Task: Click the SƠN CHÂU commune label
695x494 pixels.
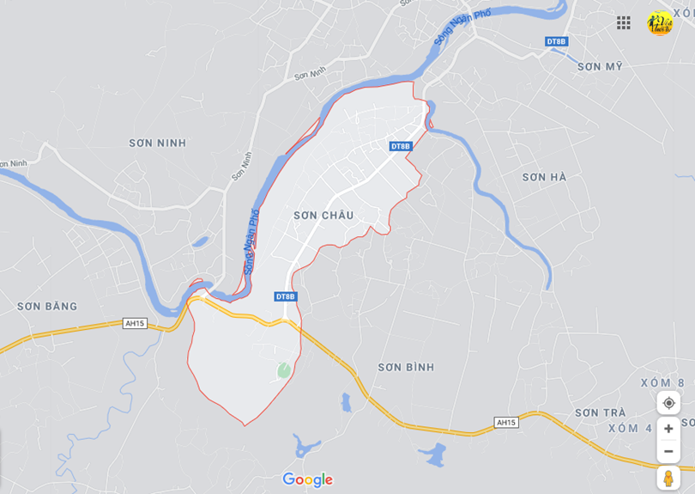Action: point(323,216)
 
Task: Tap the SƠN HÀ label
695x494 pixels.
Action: point(545,177)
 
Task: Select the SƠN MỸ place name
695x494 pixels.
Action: point(600,66)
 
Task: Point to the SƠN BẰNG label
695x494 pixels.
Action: point(47,306)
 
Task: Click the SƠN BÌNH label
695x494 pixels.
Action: point(406,367)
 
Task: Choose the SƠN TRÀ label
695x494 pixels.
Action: point(601,412)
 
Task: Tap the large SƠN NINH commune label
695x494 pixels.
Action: point(157,143)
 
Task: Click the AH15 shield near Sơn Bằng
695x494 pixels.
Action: point(135,323)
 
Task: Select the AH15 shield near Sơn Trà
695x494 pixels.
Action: point(506,422)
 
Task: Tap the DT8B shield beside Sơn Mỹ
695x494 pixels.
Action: point(557,41)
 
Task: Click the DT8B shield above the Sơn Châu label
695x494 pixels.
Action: point(401,146)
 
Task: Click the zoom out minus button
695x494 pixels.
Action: point(668,451)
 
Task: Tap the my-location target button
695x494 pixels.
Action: point(668,403)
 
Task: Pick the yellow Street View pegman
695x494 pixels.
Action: point(668,479)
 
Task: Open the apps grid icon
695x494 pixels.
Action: point(624,23)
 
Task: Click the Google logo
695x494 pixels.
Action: point(307,479)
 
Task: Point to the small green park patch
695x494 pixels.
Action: point(283,369)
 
